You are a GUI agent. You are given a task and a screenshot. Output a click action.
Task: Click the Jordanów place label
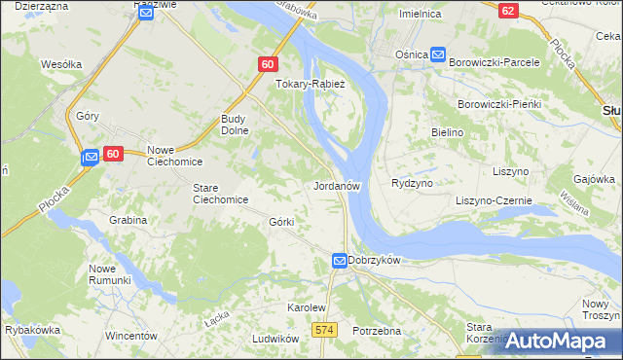[x=339, y=185]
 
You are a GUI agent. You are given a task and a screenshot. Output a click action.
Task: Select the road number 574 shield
[x=325, y=331]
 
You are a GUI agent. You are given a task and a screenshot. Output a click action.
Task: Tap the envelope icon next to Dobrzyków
[x=340, y=261]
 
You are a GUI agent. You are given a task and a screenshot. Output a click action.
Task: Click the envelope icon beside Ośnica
[x=439, y=55]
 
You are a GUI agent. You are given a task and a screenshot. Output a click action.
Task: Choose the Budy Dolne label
[x=237, y=124]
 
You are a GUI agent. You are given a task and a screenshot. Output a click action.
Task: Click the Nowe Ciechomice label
[x=174, y=157]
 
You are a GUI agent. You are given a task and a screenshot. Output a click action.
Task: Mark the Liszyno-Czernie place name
[x=495, y=200]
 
